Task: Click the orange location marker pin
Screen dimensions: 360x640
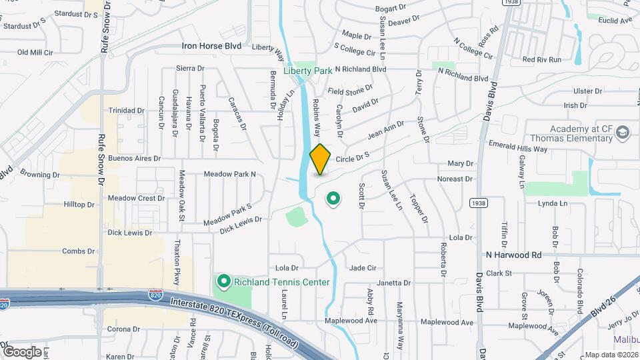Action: [321, 159]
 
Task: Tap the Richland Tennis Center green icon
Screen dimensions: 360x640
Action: [223, 282]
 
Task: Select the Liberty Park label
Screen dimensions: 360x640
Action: [307, 71]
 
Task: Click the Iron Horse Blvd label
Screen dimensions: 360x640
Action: [211, 47]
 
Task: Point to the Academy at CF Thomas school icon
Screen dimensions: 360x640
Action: [623, 131]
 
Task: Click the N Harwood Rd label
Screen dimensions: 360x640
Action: [513, 255]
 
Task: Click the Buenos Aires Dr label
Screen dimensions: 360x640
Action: [135, 159]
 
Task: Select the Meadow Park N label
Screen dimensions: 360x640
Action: [230, 174]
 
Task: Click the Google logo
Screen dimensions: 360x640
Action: [21, 351]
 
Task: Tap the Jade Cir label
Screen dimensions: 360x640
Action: [363, 268]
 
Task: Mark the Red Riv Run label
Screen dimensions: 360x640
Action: [542, 59]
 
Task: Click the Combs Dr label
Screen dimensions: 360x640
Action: [78, 251]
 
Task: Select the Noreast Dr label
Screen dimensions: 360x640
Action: [455, 179]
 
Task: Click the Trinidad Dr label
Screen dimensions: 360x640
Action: [127, 111]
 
